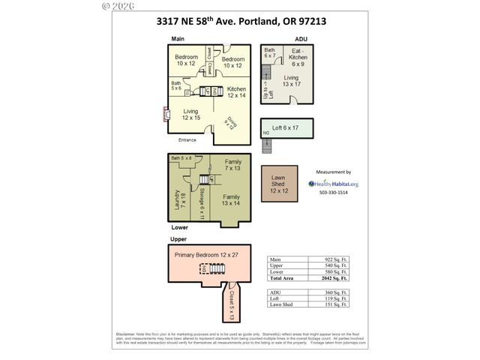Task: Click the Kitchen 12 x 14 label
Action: tap(236, 92)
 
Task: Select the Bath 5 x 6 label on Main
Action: tap(176, 86)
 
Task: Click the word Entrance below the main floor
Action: tap(187, 140)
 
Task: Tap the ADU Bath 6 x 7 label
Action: tap(270, 53)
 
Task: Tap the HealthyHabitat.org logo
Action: tap(334, 183)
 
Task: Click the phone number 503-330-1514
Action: tap(334, 193)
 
